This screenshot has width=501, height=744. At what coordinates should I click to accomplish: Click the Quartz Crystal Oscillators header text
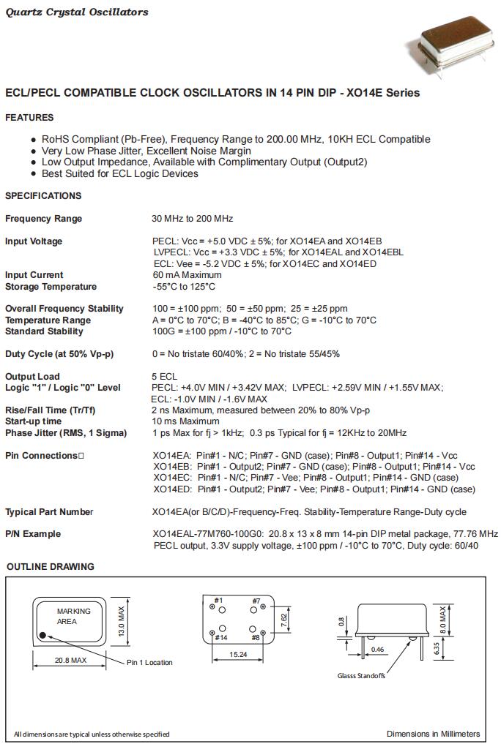[77, 12]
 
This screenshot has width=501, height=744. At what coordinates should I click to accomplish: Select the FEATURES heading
[29, 117]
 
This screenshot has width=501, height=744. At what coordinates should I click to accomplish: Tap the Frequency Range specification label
[43, 219]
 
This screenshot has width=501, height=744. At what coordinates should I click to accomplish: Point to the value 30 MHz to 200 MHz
[192, 219]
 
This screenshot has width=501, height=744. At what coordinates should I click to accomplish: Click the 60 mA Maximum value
[186, 275]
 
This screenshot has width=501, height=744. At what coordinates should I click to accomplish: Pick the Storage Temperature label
[51, 287]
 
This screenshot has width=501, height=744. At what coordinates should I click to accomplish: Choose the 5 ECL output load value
[164, 377]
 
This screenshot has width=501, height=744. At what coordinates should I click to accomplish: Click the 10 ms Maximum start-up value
[185, 421]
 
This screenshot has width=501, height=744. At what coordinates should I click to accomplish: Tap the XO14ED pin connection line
[314, 489]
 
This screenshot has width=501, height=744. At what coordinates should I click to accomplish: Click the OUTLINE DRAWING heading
[51, 566]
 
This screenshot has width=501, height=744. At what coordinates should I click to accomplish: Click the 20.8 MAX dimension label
[70, 660]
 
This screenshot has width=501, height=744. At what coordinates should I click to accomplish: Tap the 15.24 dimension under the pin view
[237, 654]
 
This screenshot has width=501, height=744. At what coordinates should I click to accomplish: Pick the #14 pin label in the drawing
[220, 638]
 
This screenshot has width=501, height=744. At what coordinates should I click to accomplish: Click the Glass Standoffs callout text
[361, 675]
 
